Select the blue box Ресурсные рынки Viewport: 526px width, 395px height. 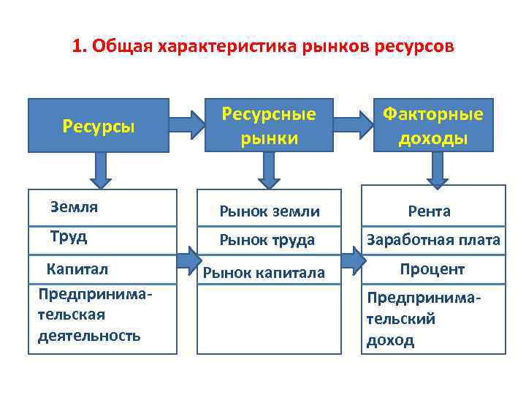pyautogui.click(x=269, y=125)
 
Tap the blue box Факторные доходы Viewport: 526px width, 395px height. pyautogui.click(x=433, y=125)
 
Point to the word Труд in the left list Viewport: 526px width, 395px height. pyautogui.click(x=69, y=236)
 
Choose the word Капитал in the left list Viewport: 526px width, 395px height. pyautogui.click(x=77, y=268)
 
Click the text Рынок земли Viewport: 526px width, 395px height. pyautogui.click(x=270, y=211)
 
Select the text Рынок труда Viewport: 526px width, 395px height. pyautogui.click(x=267, y=240)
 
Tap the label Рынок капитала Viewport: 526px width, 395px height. pyautogui.click(x=264, y=273)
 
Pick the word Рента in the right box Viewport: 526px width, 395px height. pyautogui.click(x=429, y=211)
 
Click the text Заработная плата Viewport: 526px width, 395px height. pyautogui.click(x=433, y=240)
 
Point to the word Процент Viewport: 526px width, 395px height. pyautogui.click(x=432, y=269)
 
